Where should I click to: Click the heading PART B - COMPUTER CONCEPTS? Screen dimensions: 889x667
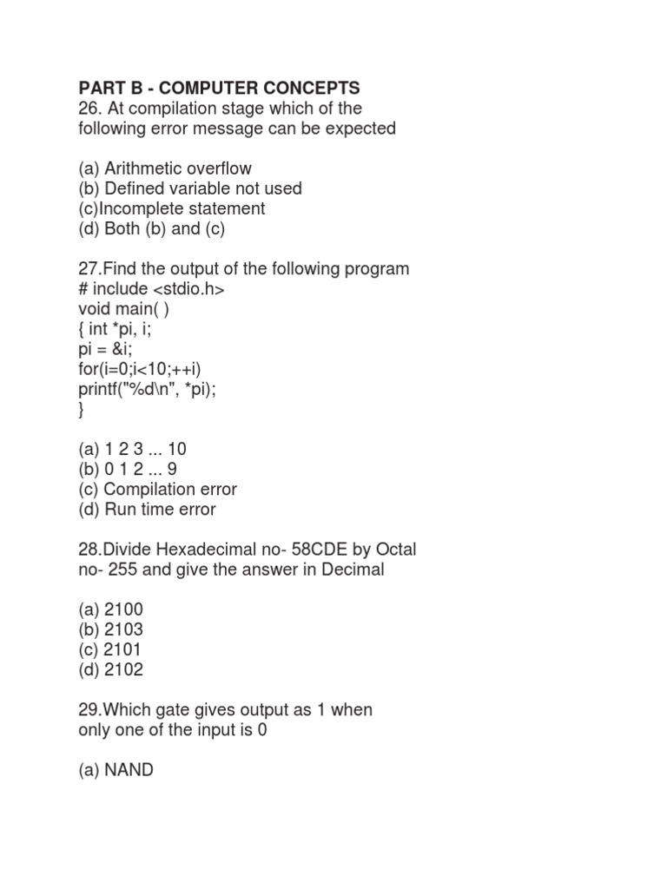(218, 88)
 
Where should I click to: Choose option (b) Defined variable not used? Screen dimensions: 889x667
(189, 188)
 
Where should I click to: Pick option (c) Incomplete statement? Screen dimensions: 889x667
(171, 208)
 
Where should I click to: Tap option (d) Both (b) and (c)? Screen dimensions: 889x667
(152, 229)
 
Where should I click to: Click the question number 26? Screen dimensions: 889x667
(89, 109)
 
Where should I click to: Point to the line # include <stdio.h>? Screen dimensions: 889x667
(151, 289)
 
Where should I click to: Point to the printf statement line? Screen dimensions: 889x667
(147, 389)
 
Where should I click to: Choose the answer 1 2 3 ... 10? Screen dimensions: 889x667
(132, 449)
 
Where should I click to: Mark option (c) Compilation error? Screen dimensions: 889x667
(157, 489)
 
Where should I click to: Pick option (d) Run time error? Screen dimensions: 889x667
(147, 510)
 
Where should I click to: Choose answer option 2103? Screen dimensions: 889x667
(110, 629)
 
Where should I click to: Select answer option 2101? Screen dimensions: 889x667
(110, 649)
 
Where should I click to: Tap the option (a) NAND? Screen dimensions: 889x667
(116, 769)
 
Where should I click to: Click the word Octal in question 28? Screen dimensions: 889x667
(393, 550)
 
